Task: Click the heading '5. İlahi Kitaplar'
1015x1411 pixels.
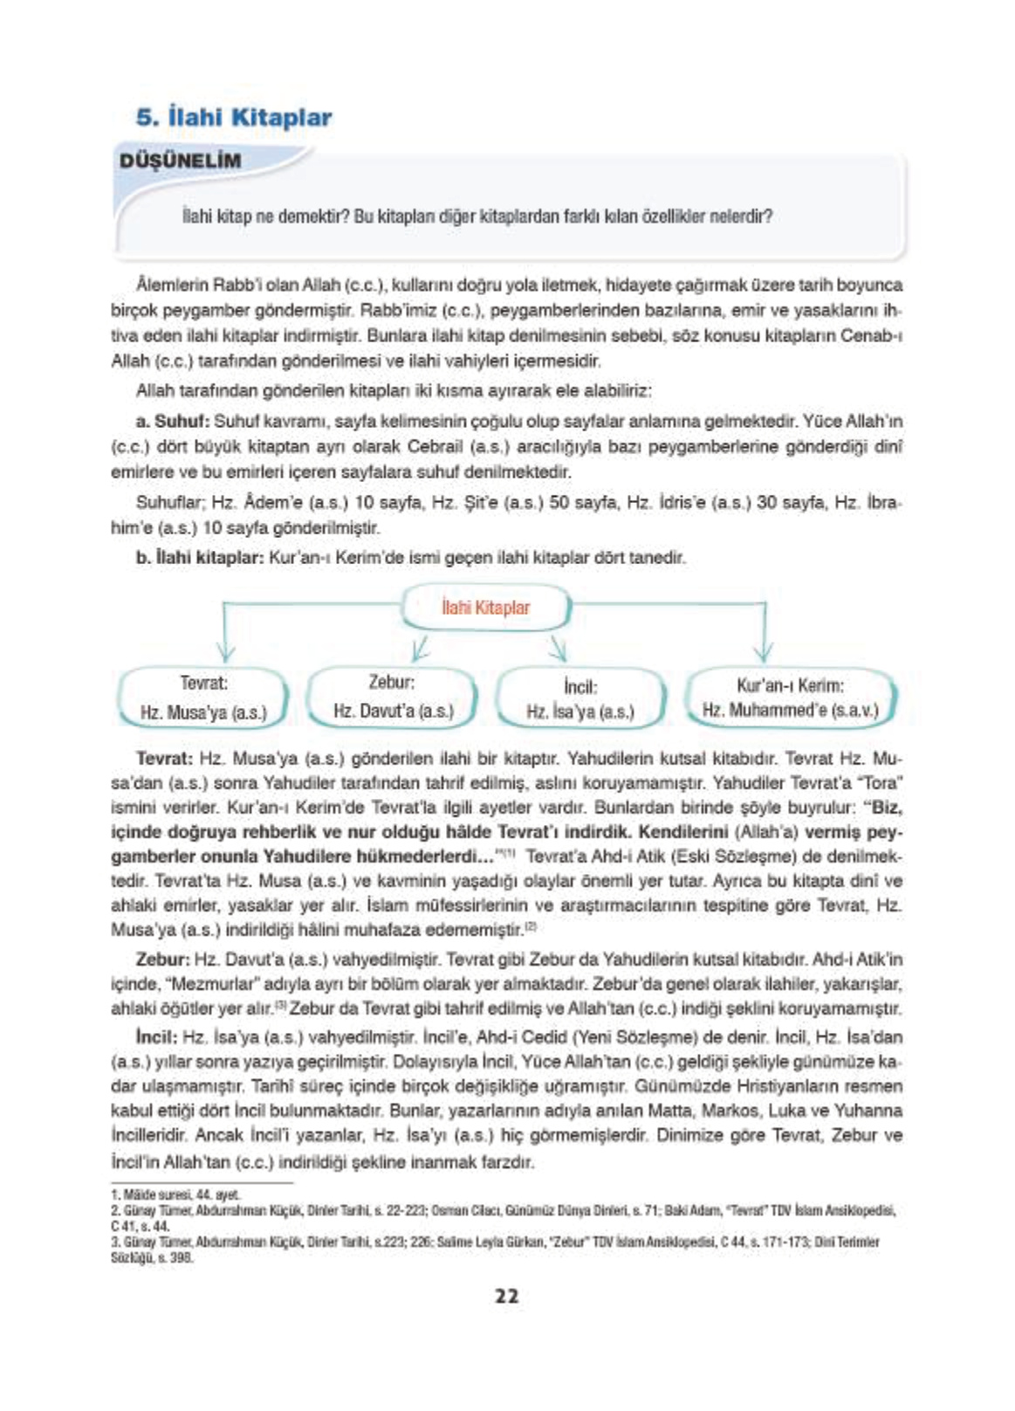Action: [234, 118]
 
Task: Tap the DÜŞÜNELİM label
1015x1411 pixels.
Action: [180, 161]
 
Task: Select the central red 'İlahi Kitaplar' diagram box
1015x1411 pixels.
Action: [485, 609]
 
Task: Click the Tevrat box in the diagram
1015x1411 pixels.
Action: [203, 697]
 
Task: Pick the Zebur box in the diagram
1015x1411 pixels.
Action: [393, 696]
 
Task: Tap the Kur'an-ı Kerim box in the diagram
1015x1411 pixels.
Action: [790, 697]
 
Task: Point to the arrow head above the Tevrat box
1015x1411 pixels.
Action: [225, 652]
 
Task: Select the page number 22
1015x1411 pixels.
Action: [506, 1296]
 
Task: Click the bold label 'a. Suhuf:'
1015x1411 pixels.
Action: [173, 422]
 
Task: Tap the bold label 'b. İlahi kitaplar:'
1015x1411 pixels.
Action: [199, 557]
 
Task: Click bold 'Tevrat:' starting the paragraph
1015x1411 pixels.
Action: [165, 758]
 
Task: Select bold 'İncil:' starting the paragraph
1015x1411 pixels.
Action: [157, 1037]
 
